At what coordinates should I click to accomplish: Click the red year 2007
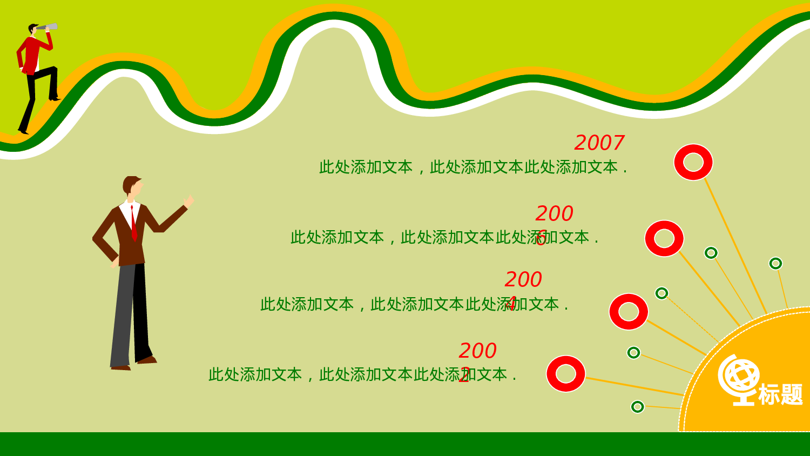(x=599, y=143)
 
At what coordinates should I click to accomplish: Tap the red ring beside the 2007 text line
(x=693, y=162)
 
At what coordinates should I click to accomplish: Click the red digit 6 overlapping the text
(x=541, y=238)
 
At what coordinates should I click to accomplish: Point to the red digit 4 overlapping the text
(x=510, y=304)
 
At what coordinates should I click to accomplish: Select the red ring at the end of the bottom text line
(x=566, y=374)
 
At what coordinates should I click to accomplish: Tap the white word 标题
(x=780, y=394)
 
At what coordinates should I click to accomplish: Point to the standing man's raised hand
(x=188, y=202)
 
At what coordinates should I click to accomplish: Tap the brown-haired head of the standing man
(x=131, y=186)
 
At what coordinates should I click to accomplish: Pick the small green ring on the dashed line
(x=661, y=293)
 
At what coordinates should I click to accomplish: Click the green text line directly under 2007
(x=473, y=167)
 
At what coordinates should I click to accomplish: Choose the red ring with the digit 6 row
(x=664, y=238)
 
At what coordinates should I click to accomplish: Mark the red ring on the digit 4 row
(x=629, y=312)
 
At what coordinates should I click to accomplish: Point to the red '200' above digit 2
(x=477, y=351)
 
